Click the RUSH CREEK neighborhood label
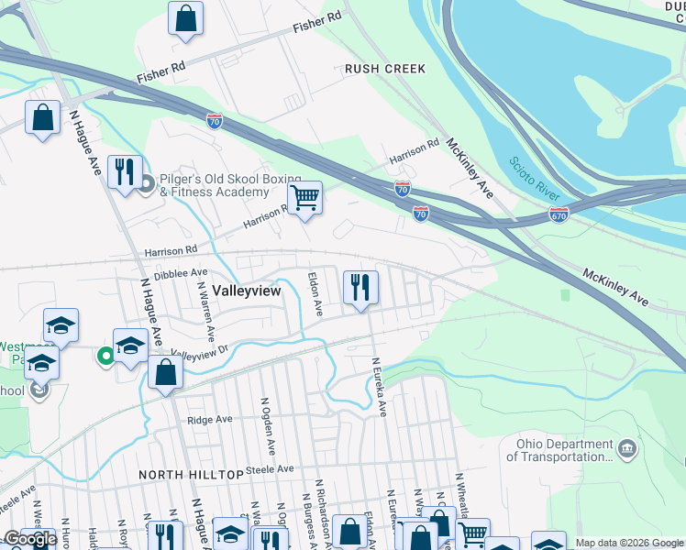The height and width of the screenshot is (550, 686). pos(385,69)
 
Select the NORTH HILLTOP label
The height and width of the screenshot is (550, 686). pos(190,475)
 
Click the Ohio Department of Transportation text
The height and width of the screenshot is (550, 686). pos(559,451)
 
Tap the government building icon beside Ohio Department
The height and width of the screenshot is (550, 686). pos(628,448)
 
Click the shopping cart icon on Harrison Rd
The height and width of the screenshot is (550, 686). pos(304,196)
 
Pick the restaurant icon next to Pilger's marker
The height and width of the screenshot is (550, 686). pos(123,171)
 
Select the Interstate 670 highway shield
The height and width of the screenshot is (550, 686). pos(559,213)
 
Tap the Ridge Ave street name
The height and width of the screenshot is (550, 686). pos(210,420)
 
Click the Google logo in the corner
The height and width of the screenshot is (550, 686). pos(30,539)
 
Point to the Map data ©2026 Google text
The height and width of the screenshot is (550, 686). pos(628,543)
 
